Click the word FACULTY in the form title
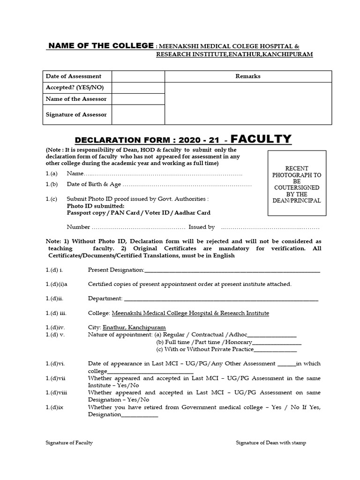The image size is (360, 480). (262, 139)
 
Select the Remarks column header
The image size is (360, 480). (248, 76)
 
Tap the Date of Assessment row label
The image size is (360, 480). (73, 76)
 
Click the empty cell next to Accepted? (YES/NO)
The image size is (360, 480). (138, 87)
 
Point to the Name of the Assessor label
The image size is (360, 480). (76, 99)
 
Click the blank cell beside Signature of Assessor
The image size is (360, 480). (138, 114)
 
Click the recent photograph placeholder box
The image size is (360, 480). (297, 183)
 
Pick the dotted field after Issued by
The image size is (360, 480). (270, 227)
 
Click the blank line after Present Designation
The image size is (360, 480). (232, 270)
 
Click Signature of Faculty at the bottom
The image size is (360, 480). (69, 443)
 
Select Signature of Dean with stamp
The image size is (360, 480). (271, 443)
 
